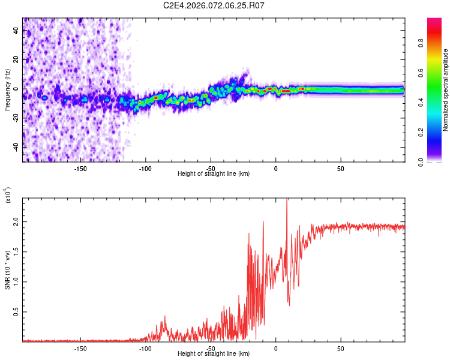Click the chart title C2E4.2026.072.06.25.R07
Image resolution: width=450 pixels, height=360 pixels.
pyautogui.click(x=214, y=5)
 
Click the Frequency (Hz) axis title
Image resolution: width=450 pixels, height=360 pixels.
pyautogui.click(x=7, y=90)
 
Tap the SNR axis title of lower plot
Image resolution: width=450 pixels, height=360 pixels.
pyautogui.click(x=7, y=270)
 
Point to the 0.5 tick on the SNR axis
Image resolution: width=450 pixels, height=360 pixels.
pyautogui.click(x=16, y=312)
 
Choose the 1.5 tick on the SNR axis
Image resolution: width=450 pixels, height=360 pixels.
pyautogui.click(x=16, y=251)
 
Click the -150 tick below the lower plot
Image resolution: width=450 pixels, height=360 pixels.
pyautogui.click(x=80, y=348)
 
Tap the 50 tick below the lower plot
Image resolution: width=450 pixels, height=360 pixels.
pyautogui.click(x=340, y=348)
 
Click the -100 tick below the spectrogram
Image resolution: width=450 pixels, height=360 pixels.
pyautogui.click(x=145, y=168)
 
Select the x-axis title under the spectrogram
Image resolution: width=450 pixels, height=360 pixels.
pyautogui.click(x=214, y=174)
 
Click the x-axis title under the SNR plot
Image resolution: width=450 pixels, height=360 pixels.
pyautogui.click(x=214, y=354)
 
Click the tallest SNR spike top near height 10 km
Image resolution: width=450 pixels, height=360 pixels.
pyautogui.click(x=287, y=199)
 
